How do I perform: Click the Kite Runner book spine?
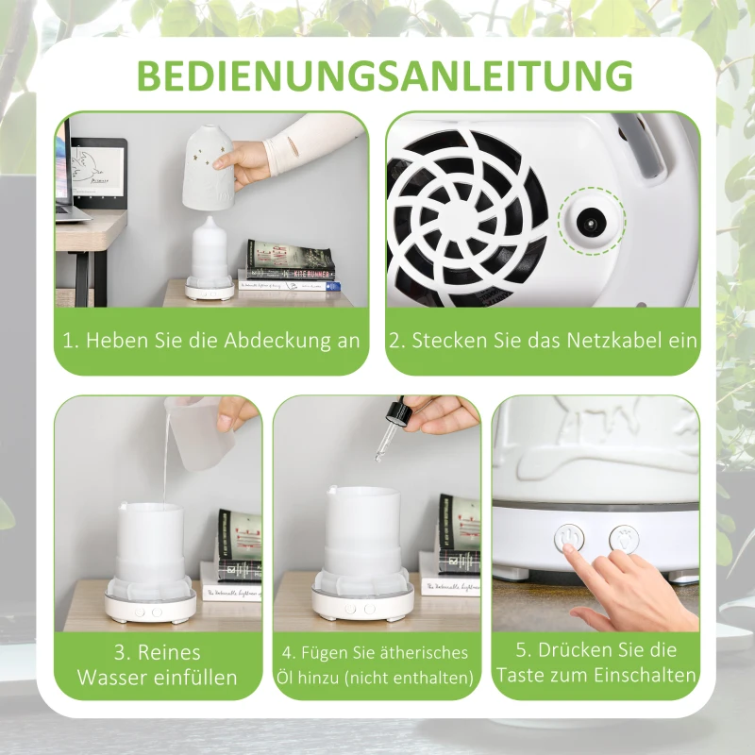click(289, 274)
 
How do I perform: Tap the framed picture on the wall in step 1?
click(98, 167)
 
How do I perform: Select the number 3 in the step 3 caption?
click(120, 653)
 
